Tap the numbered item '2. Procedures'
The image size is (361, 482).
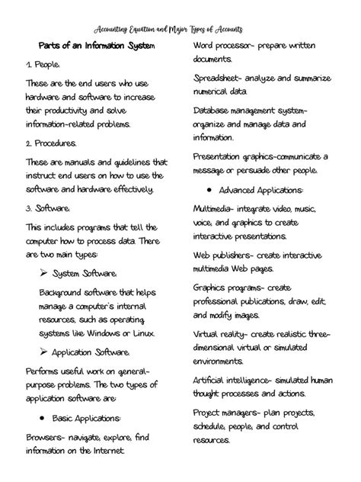pyautogui.click(x=51, y=143)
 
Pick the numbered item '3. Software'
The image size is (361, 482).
pyautogui.click(x=48, y=207)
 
